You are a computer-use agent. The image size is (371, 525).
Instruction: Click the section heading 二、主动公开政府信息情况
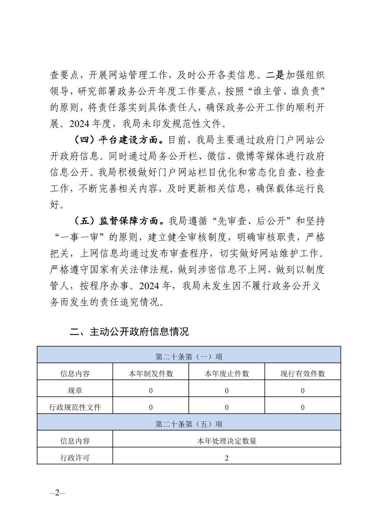129,332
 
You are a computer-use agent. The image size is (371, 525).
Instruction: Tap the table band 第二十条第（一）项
189,356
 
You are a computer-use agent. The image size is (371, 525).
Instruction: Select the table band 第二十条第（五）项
189,424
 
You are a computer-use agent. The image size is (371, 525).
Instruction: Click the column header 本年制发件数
151,373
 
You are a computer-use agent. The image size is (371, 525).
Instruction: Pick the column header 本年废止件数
227,373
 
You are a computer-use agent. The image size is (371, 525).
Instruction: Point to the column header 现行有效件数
303,373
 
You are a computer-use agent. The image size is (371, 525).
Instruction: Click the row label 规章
75,390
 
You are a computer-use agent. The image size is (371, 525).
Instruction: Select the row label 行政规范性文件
75,407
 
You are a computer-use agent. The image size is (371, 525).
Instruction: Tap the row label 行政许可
75,458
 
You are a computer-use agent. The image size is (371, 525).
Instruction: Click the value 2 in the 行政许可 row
227,458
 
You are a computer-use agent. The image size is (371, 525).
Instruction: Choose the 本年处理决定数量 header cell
227,441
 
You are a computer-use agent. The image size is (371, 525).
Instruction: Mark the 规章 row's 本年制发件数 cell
151,390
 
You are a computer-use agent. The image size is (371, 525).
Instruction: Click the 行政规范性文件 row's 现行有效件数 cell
303,407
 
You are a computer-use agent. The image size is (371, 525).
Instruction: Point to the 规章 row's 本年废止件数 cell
227,390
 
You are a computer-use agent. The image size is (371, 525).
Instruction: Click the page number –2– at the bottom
57,493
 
